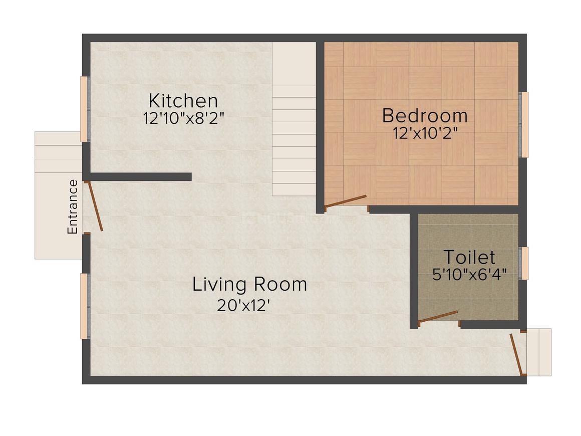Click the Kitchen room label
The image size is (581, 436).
click(x=183, y=101)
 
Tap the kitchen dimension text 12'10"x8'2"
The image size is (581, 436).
click(x=184, y=118)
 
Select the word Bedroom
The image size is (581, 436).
click(x=425, y=116)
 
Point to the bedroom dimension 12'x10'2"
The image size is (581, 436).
click(x=425, y=133)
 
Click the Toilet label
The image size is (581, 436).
click(x=469, y=257)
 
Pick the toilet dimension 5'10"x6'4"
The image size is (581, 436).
click(x=469, y=275)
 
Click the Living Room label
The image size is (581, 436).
click(x=250, y=285)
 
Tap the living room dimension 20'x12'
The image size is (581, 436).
click(x=243, y=306)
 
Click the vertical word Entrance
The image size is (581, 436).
click(x=73, y=206)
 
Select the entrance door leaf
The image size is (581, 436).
click(x=94, y=206)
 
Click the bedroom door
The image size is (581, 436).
click(x=345, y=201)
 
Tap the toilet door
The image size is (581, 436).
click(x=438, y=317)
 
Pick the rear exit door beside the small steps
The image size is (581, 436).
click(x=516, y=354)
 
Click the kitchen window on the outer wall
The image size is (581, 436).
click(x=85, y=109)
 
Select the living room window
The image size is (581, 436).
click(x=85, y=306)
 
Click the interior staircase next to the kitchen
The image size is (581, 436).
click(x=294, y=119)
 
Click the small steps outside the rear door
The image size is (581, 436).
click(x=539, y=352)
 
